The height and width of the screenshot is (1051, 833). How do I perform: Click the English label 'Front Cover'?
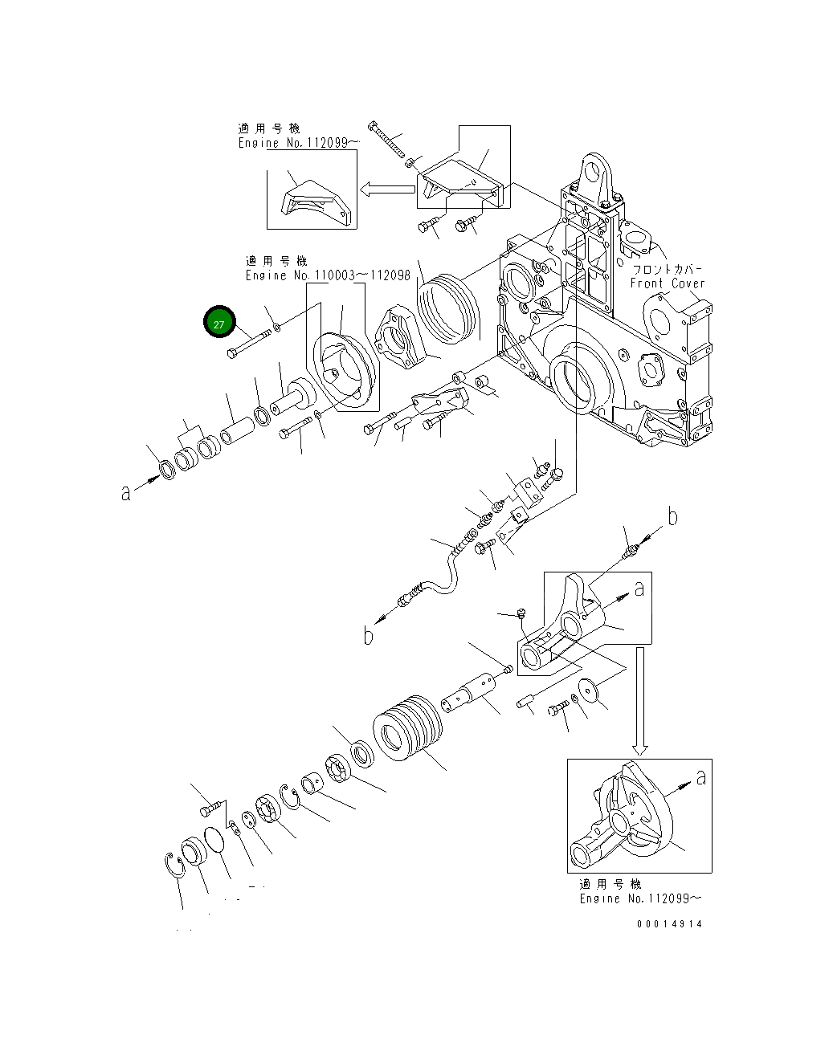click(x=667, y=283)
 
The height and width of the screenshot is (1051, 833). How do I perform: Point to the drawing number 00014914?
click(x=669, y=924)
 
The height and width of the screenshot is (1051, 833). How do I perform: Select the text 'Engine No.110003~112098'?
click(x=328, y=275)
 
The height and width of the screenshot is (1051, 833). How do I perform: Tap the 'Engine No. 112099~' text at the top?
click(x=299, y=143)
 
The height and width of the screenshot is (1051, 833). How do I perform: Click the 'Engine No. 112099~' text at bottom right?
click(x=640, y=898)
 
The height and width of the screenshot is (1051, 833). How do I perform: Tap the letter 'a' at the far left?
click(x=125, y=492)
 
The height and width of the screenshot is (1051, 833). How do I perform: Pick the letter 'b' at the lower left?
click(x=368, y=636)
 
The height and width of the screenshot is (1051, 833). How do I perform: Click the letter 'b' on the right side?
click(x=672, y=517)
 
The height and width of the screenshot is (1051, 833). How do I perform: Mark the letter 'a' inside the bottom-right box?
click(x=701, y=776)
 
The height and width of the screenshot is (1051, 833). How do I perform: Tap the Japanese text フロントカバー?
click(x=668, y=269)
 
